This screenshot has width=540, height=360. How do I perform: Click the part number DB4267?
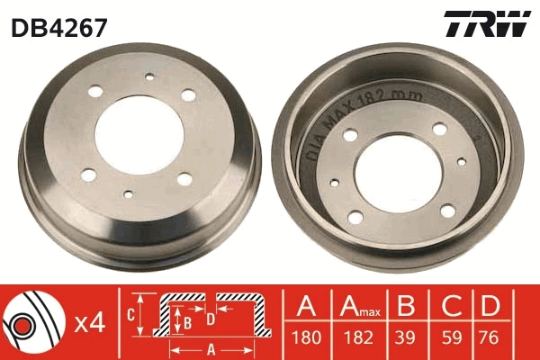(59, 28)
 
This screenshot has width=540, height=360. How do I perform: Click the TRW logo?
(487, 25)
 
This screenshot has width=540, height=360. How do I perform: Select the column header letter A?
(309, 307)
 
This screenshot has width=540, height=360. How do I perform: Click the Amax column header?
(359, 308)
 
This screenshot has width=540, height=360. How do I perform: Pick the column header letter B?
(407, 307)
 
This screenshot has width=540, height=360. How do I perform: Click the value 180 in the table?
(309, 339)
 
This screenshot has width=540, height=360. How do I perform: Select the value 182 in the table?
(358, 339)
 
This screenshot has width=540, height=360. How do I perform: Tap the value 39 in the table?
(407, 339)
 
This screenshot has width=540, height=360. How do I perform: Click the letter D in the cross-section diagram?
(211, 318)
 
